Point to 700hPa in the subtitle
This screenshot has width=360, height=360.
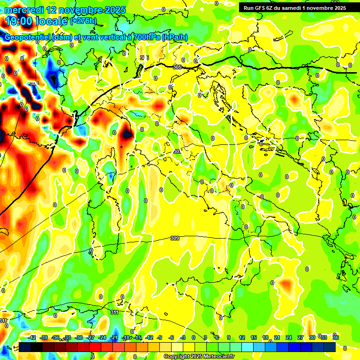tap(142, 38)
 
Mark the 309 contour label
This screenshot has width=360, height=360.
tap(175, 238)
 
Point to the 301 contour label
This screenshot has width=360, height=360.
tap(177, 151)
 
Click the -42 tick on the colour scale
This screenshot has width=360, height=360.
tap(32, 337)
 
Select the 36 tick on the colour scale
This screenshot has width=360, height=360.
tap(336, 337)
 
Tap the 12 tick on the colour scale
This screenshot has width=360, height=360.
tap(242, 337)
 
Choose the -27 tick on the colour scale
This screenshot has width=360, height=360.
tap(90, 337)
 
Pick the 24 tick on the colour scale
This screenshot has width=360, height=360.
tap(289, 337)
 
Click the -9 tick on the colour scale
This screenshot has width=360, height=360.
tap(159, 337)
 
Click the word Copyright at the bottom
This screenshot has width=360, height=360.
tap(178, 357)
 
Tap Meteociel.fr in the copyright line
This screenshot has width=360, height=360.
tap(219, 357)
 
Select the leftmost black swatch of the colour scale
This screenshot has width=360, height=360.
tap(25, 347)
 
